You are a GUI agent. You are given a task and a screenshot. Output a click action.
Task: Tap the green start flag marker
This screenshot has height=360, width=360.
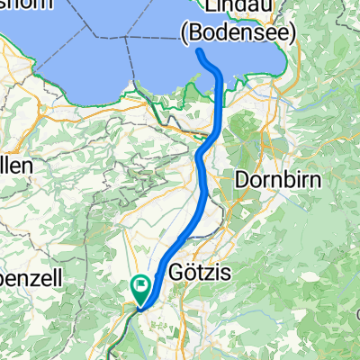(x=141, y=289)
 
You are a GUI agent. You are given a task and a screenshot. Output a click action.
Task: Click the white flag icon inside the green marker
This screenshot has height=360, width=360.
(x=141, y=286)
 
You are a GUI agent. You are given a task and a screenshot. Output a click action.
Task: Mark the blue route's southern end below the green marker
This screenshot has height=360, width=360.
(x=139, y=309)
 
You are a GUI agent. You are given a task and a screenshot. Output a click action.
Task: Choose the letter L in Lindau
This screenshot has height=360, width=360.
(x=208, y=7)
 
